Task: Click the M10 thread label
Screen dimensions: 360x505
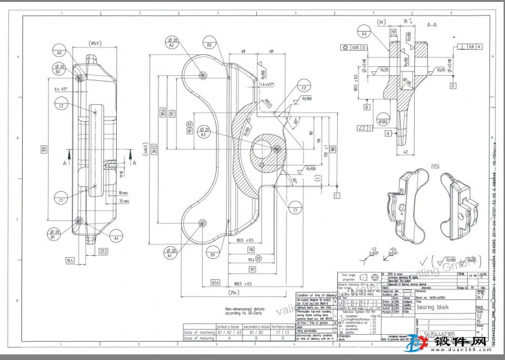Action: pyautogui.click(x=121, y=172)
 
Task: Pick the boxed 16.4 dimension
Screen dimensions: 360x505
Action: pyautogui.click(x=69, y=260)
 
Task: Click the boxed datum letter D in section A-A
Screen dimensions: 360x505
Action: pyautogui.click(x=452, y=84)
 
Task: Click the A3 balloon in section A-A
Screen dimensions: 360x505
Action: pyautogui.click(x=364, y=34)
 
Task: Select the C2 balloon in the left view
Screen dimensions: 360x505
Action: pyautogui.click(x=61, y=105)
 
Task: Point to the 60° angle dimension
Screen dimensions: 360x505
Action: pyautogui.click(x=296, y=121)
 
